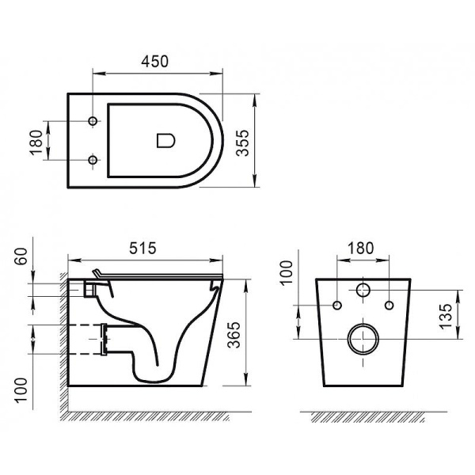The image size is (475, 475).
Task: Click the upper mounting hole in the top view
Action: pos(93,121)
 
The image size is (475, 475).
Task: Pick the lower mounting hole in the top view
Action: pos(93,160)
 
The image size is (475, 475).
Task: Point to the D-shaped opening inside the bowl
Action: pos(165,141)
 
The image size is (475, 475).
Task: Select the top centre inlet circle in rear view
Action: pos(364,289)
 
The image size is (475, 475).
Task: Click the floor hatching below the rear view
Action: pos(364,416)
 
